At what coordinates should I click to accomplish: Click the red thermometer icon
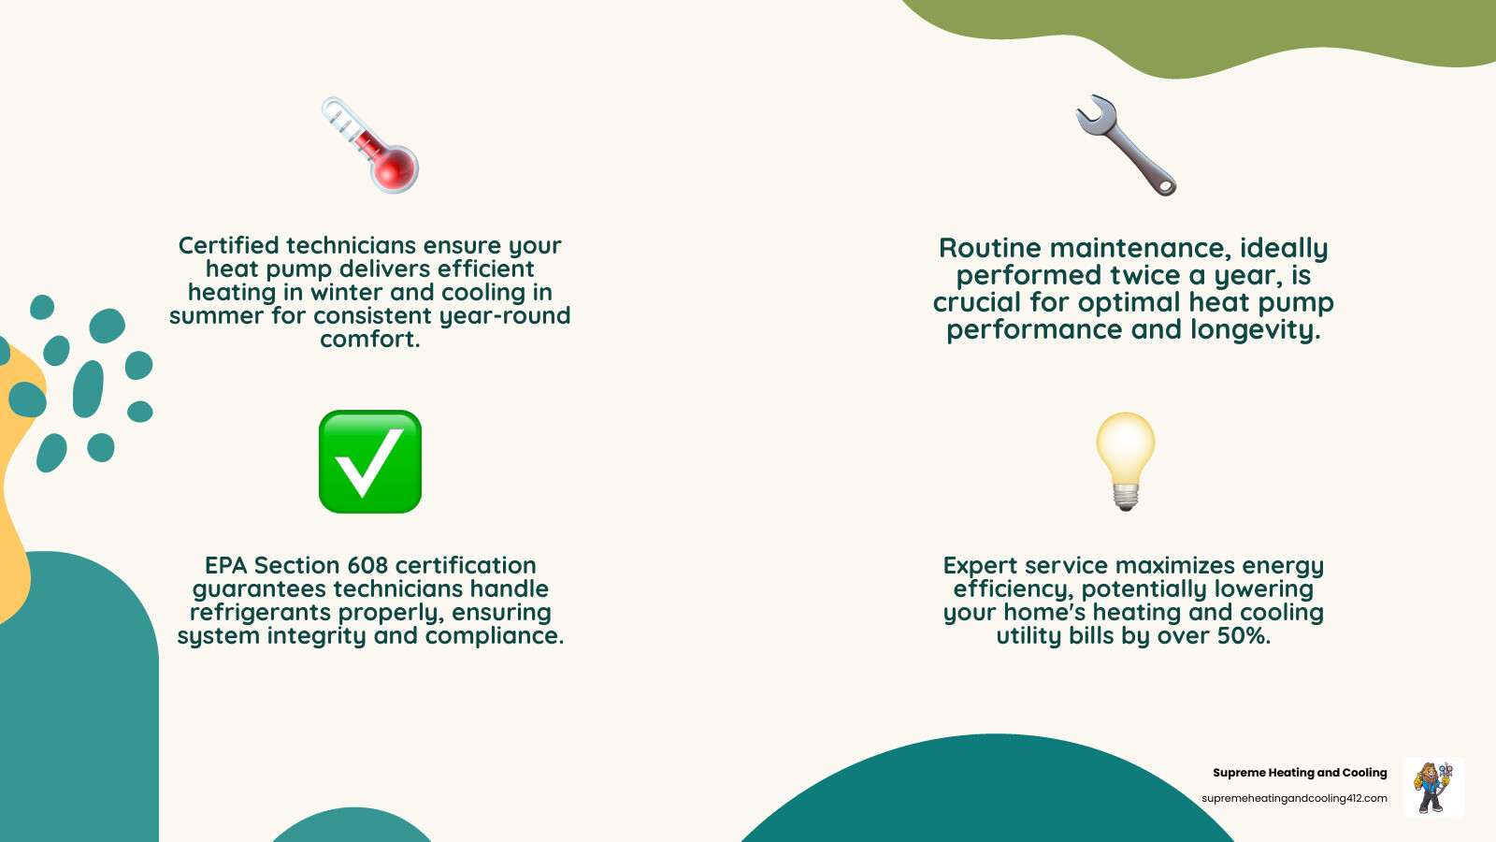tap(370, 145)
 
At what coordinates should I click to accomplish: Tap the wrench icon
tap(1126, 145)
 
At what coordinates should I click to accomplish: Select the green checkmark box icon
tap(370, 461)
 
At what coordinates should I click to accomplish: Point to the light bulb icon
tap(1126, 460)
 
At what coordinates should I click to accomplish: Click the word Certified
tap(228, 245)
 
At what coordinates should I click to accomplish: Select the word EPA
tap(225, 565)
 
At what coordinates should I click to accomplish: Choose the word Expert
tap(980, 565)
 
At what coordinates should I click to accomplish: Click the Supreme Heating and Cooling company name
tap(1300, 773)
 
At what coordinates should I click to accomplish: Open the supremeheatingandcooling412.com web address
tap(1294, 798)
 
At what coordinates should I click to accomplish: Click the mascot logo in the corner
tap(1433, 787)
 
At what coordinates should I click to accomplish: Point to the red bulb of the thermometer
tap(396, 168)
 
